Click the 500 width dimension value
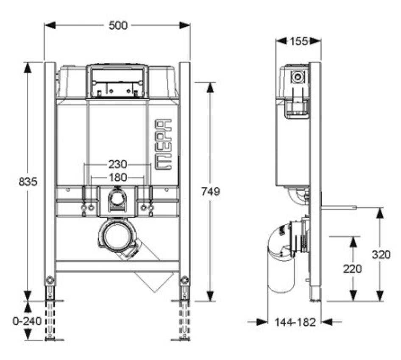[118, 25]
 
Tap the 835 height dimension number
[28, 182]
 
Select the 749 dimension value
[211, 192]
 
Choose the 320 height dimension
[381, 255]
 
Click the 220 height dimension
[352, 269]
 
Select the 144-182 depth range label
[295, 322]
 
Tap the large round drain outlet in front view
[116, 237]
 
